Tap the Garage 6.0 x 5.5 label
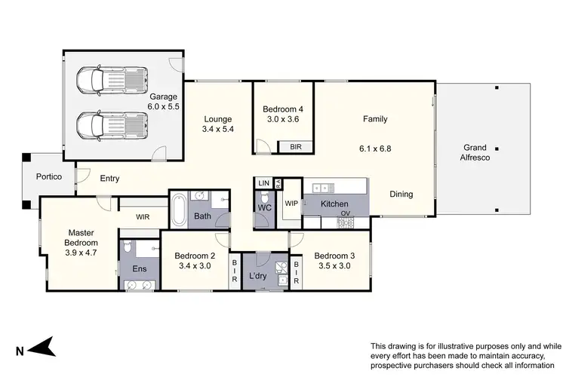(163, 102)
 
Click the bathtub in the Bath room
(179, 211)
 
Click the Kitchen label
(334, 204)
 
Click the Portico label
(49, 177)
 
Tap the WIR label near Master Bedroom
(143, 217)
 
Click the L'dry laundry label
(260, 277)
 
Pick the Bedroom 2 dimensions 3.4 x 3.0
(195, 266)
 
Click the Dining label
(401, 195)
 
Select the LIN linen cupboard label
(263, 183)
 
